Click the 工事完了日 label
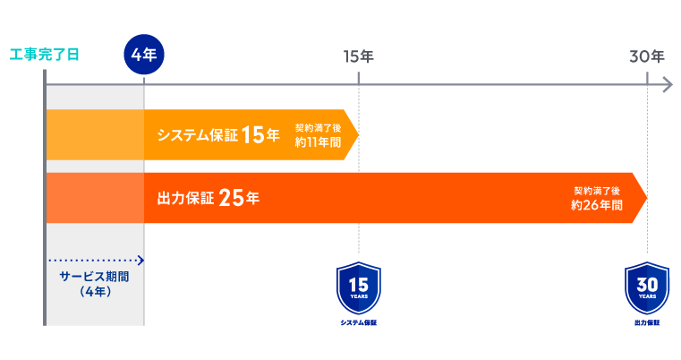coord(44,55)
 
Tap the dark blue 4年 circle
coord(144,55)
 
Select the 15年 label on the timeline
coord(358,56)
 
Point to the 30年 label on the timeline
coord(646,56)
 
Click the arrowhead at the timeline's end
coord(667,85)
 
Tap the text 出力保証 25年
coord(208,198)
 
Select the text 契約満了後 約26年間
coord(597,198)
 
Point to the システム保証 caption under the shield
coord(359,321)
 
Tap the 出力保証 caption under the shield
coord(647,321)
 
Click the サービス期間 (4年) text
coord(94,283)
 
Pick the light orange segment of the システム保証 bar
coord(95,135)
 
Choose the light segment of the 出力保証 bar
coord(95,198)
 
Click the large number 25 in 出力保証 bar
coord(232,198)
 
